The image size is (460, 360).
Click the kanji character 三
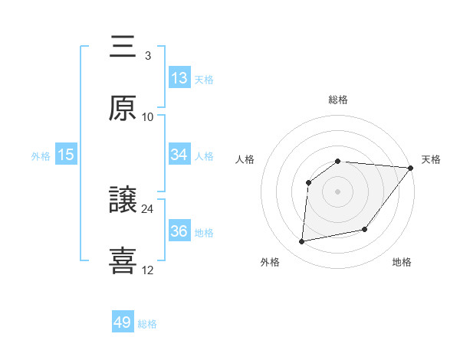[x=123, y=47]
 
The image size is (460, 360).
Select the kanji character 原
[x=123, y=108]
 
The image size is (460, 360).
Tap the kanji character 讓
[x=123, y=200]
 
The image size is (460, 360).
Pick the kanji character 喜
[x=123, y=261]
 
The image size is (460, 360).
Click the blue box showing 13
[x=179, y=78]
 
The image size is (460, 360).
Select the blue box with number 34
[x=179, y=155]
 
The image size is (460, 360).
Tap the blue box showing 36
[x=179, y=231]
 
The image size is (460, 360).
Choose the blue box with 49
[x=123, y=322]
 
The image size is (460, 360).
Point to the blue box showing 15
[x=66, y=155]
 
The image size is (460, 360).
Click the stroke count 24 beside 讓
[x=148, y=208]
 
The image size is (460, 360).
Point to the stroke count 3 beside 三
[x=148, y=55]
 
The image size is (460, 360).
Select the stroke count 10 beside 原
[x=148, y=116]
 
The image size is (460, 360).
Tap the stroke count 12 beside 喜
[x=148, y=270]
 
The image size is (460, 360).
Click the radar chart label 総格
[x=338, y=100]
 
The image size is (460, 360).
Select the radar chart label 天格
[x=431, y=159]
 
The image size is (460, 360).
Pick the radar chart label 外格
[x=270, y=262]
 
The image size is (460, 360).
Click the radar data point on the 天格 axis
[x=411, y=168]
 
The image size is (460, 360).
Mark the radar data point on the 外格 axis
[x=302, y=241]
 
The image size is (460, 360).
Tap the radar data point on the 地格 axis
[x=365, y=229]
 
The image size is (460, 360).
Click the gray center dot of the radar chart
[x=337, y=191]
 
